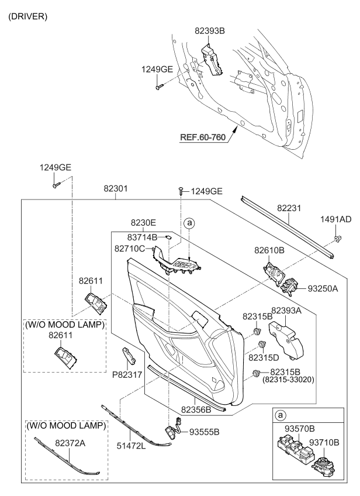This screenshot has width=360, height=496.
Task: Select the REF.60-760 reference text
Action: tap(202, 138)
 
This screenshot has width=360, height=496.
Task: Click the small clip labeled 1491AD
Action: tap(338, 238)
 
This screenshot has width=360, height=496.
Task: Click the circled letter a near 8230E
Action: tap(188, 223)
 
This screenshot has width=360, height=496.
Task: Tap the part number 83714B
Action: tap(143, 237)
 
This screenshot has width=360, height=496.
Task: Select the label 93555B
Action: tap(204, 432)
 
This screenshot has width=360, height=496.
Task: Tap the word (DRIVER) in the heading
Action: tap(27, 16)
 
